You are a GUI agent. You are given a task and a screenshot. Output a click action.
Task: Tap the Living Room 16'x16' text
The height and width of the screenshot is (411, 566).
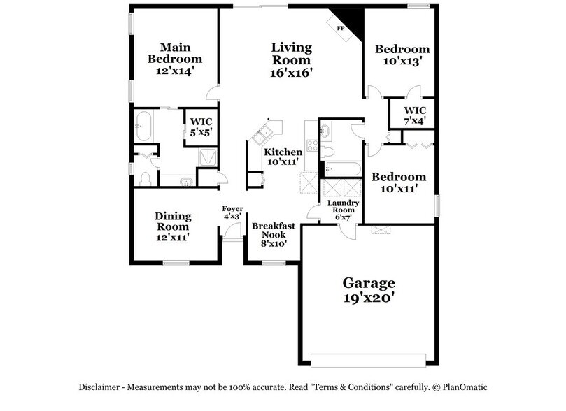click(291, 59)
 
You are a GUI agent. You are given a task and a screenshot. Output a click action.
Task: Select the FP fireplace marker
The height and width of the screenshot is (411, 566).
click(341, 28)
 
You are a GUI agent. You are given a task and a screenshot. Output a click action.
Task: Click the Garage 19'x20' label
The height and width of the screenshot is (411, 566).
click(369, 289)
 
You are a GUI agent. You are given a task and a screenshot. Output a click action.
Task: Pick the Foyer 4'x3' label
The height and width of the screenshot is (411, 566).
click(232, 212)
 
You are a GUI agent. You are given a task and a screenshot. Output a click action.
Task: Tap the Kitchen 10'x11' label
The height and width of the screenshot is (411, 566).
click(283, 157)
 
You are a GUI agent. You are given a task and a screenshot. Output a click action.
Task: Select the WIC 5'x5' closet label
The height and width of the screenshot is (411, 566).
click(201, 126)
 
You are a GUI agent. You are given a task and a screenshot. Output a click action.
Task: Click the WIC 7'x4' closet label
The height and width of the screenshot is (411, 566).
click(415, 116)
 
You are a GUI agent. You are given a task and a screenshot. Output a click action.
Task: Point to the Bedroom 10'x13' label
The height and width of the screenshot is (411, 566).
click(402, 55)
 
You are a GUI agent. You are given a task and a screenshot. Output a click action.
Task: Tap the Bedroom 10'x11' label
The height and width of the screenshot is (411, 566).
click(399, 182)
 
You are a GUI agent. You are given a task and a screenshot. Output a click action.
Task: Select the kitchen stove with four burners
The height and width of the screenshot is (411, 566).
click(311, 150)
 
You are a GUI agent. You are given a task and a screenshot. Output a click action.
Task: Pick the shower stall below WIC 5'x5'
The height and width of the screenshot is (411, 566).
click(208, 157)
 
